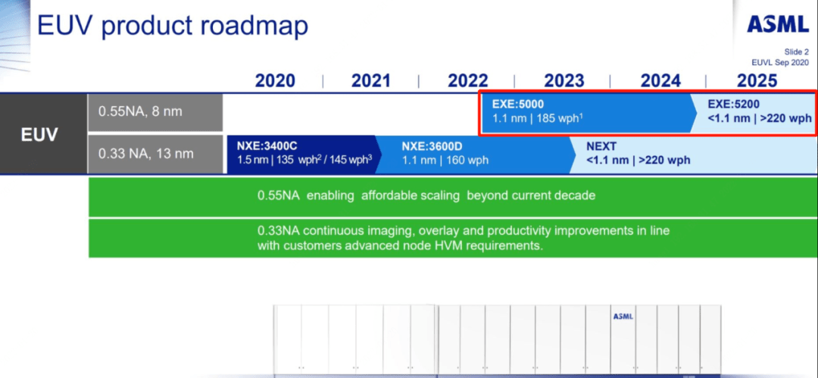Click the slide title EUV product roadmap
[172, 26]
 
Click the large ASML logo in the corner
[777, 23]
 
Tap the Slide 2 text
[795, 52]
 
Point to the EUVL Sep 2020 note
[779, 61]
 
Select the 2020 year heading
[275, 81]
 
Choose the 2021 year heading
[371, 81]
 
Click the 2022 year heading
[468, 81]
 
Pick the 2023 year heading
[564, 81]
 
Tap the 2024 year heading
[661, 81]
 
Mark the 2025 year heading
[757, 81]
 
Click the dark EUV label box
[43, 134]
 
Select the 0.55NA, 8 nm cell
[155, 112]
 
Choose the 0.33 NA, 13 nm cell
[155, 154]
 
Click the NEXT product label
[601, 146]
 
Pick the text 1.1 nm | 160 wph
[445, 161]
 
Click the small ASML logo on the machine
[623, 317]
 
